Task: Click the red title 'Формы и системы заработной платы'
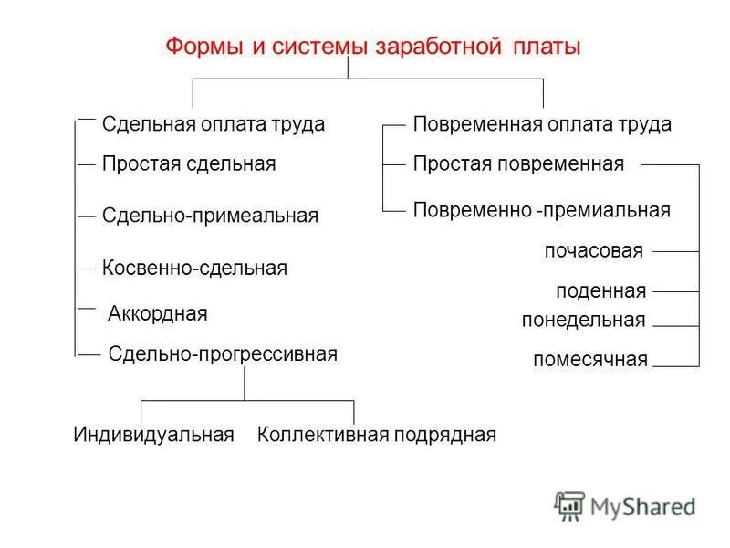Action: pos(372,47)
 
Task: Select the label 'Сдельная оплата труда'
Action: pos(214,124)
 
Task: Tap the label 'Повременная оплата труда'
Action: pos(542,124)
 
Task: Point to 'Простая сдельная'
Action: pos(189,164)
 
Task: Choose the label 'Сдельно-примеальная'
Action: pos(210,216)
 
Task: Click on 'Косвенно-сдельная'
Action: pos(194,269)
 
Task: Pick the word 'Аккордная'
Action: pos(158,314)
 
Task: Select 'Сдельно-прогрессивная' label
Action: pos(223,353)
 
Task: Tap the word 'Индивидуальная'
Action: pos(154,435)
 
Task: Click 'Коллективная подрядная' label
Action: pos(377,435)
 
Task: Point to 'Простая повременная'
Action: pos(518,164)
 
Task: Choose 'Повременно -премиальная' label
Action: pos(542,210)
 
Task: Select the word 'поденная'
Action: pos(600,292)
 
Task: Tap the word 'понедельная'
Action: pos(584,321)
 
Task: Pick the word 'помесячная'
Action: pos(590,360)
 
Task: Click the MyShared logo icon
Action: pos(569,505)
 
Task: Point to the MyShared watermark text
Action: pos(642,506)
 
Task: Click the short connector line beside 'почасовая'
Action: pos(675,250)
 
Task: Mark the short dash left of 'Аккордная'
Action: pos(87,310)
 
